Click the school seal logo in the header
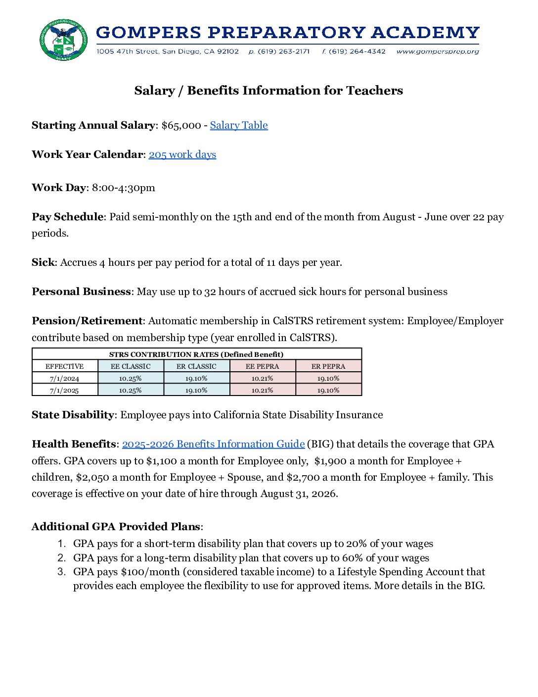coord(63,40)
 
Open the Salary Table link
coord(239,125)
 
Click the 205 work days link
coord(182,154)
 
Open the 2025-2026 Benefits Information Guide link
coord(213,444)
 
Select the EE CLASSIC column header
coord(131,366)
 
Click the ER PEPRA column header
coord(328,366)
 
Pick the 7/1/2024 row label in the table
coord(64,378)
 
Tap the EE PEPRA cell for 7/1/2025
coord(262,390)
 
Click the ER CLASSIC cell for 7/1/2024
coord(196,378)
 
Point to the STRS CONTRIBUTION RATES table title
coord(196,354)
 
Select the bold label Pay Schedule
coord(67,217)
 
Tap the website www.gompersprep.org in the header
coord(438,51)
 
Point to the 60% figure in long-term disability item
coord(352,558)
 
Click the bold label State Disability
coord(73,415)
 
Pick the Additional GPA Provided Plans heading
coord(116,527)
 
